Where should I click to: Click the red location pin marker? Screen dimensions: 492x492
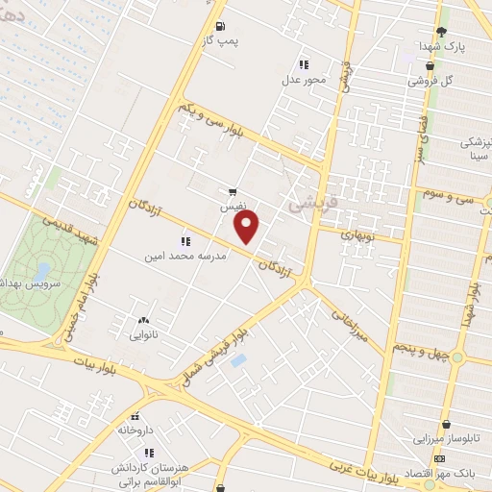(x=248, y=229)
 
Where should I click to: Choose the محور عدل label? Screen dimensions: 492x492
(x=305, y=80)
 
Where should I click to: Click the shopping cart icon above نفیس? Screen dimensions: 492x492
(x=233, y=191)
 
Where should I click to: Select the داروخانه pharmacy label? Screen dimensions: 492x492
(x=135, y=431)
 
